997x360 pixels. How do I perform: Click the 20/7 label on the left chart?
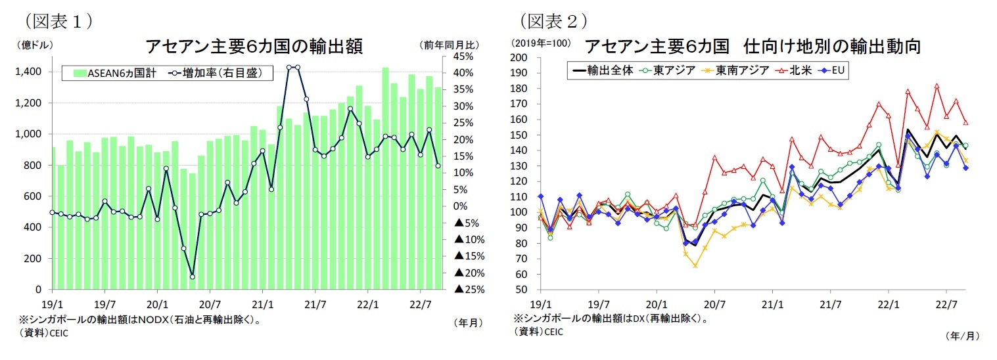[x=210, y=304]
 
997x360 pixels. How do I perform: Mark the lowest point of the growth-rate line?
[x=192, y=277]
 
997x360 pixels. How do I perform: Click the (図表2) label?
[x=553, y=22]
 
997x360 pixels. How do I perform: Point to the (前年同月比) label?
[x=450, y=45]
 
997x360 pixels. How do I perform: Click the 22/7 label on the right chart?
[x=946, y=304]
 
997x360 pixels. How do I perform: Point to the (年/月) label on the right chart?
[x=962, y=336]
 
